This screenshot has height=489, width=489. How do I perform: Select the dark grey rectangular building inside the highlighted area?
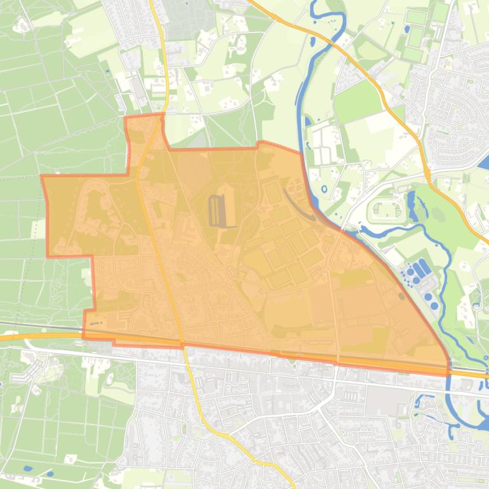click(217, 210)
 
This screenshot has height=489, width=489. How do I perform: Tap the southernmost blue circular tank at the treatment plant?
click(434, 305)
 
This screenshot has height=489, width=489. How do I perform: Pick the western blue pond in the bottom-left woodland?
click(27, 469)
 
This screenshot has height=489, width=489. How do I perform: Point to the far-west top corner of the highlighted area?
click(42, 177)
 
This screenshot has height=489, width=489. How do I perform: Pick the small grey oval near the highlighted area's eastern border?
click(401, 295)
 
